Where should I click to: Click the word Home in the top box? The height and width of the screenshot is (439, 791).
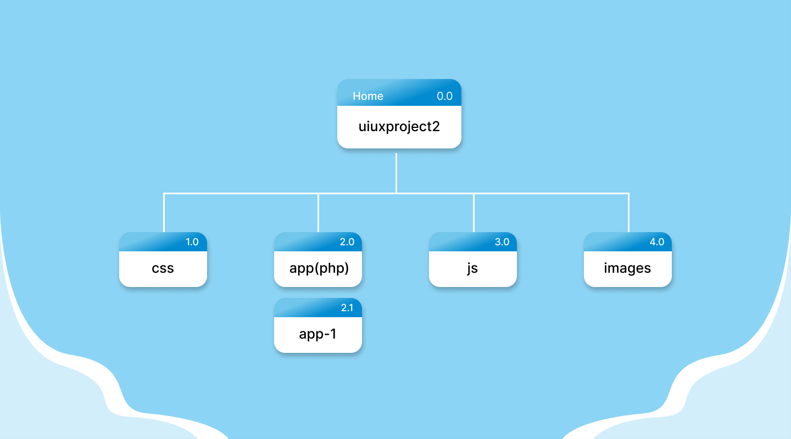367,96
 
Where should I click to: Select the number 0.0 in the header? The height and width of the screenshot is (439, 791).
444,96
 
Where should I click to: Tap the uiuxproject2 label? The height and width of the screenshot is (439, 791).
399,127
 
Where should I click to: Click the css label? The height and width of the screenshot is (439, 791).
163,268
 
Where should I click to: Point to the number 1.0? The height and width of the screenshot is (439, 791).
192,242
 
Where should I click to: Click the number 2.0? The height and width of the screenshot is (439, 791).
347,242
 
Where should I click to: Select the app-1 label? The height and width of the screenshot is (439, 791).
317,334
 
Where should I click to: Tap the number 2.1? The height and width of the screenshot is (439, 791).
347,308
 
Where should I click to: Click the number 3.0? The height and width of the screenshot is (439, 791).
502,242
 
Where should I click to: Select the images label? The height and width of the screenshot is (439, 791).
627,268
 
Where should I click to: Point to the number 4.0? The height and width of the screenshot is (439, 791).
657,242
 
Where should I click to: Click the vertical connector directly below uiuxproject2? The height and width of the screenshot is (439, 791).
396,173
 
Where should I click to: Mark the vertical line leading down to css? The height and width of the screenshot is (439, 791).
164,213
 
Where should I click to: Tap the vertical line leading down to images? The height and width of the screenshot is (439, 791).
628,213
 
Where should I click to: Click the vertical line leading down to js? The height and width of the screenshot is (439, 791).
474,213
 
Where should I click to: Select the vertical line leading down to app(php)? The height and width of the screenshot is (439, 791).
318,213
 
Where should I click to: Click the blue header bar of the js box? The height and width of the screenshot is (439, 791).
461,242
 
